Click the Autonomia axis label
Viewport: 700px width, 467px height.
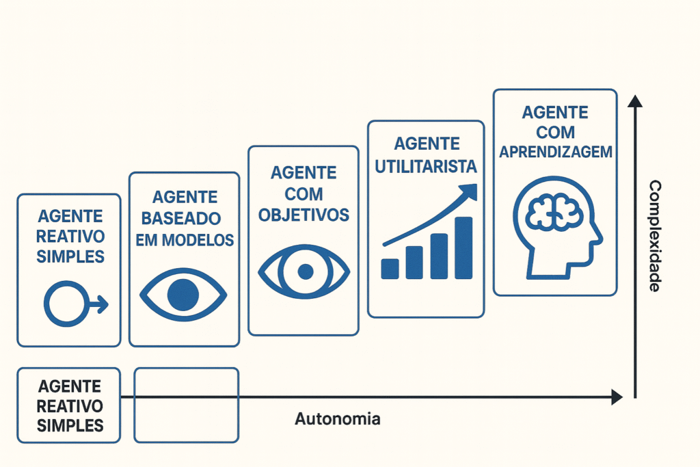pyautogui.click(x=337, y=419)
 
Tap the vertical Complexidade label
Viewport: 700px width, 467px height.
pyautogui.click(x=654, y=236)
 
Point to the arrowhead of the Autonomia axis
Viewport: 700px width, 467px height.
pyautogui.click(x=617, y=397)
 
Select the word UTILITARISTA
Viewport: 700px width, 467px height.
pyautogui.click(x=426, y=166)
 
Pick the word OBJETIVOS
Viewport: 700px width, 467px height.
pyautogui.click(x=303, y=215)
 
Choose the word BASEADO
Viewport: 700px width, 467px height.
pyautogui.click(x=185, y=219)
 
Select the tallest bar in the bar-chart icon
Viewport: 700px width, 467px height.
pyautogui.click(x=463, y=248)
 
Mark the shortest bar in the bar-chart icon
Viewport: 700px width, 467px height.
pyautogui.click(x=390, y=269)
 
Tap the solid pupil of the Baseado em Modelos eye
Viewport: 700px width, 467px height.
pyautogui.click(x=183, y=295)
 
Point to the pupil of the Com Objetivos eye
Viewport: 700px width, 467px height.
pyautogui.click(x=305, y=272)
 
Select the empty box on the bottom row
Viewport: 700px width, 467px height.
pyautogui.click(x=186, y=405)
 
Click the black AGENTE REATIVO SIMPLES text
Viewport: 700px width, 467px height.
pyautogui.click(x=70, y=405)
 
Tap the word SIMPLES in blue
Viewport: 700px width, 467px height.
pyautogui.click(x=70, y=256)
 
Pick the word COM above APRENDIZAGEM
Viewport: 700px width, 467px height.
pyautogui.click(x=555, y=131)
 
